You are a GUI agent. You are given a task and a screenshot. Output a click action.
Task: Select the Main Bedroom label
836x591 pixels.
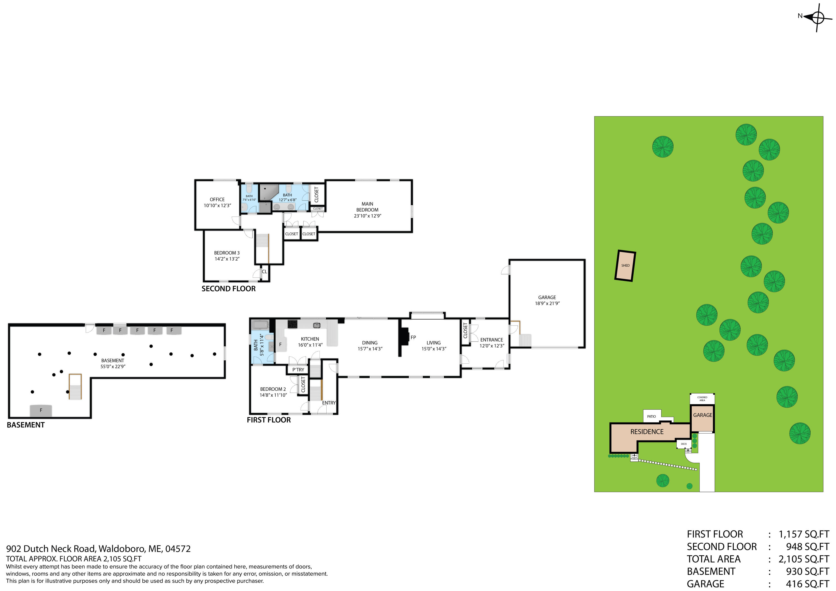pos(367,207)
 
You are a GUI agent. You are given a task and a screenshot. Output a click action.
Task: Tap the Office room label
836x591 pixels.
pos(217,200)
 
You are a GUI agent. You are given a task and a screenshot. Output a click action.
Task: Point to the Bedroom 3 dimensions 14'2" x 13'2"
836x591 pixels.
pos(227,259)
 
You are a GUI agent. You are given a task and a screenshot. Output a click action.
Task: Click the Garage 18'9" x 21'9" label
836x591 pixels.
pos(547,300)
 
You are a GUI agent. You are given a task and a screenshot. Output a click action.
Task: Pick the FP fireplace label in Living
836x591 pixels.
pos(413,337)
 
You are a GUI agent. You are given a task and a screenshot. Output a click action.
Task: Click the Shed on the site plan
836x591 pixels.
pos(625,266)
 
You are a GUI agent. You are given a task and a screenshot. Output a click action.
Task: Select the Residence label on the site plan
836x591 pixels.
pos(647,432)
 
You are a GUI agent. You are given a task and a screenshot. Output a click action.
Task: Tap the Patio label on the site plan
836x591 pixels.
pos(652,416)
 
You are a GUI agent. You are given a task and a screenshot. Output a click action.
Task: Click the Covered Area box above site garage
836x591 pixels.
pos(702,399)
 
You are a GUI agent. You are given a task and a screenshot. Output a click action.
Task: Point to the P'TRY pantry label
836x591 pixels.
pos(298,369)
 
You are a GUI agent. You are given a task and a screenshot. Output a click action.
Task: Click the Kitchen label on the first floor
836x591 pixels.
pos(310,339)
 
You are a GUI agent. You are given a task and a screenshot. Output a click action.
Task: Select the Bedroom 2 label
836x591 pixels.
pos(273,389)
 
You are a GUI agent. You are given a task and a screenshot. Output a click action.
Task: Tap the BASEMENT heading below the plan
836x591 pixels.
pos(25,425)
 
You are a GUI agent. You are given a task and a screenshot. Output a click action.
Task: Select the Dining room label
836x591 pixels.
pos(370,343)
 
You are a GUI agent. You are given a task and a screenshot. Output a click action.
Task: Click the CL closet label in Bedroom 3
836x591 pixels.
pos(264,272)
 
